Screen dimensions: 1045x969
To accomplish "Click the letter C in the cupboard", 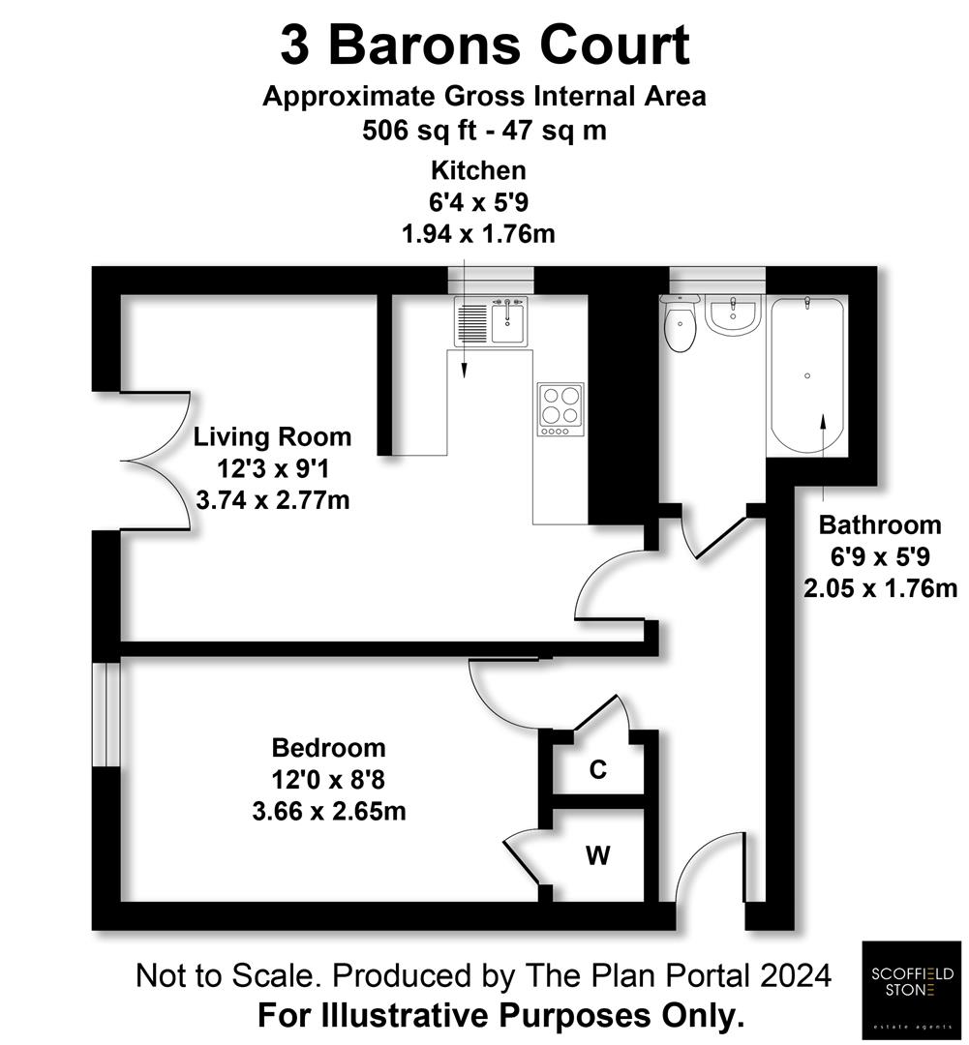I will coord(598,770).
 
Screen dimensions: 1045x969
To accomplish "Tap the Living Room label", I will coord(272,436).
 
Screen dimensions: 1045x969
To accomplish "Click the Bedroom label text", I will coord(328,748).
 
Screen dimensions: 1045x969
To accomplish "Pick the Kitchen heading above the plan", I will coord(478,171).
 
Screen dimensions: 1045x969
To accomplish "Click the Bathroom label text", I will coord(879,525).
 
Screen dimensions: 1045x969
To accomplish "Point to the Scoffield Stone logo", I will coord(910,989).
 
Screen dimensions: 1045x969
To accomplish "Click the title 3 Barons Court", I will coord(484,45).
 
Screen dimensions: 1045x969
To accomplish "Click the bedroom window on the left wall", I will coord(106,714).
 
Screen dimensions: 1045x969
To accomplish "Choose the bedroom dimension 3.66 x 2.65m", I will coord(328,811).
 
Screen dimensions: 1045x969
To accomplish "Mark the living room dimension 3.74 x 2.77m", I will coord(272,500).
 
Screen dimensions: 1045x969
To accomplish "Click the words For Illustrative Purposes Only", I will coord(500,1016).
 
